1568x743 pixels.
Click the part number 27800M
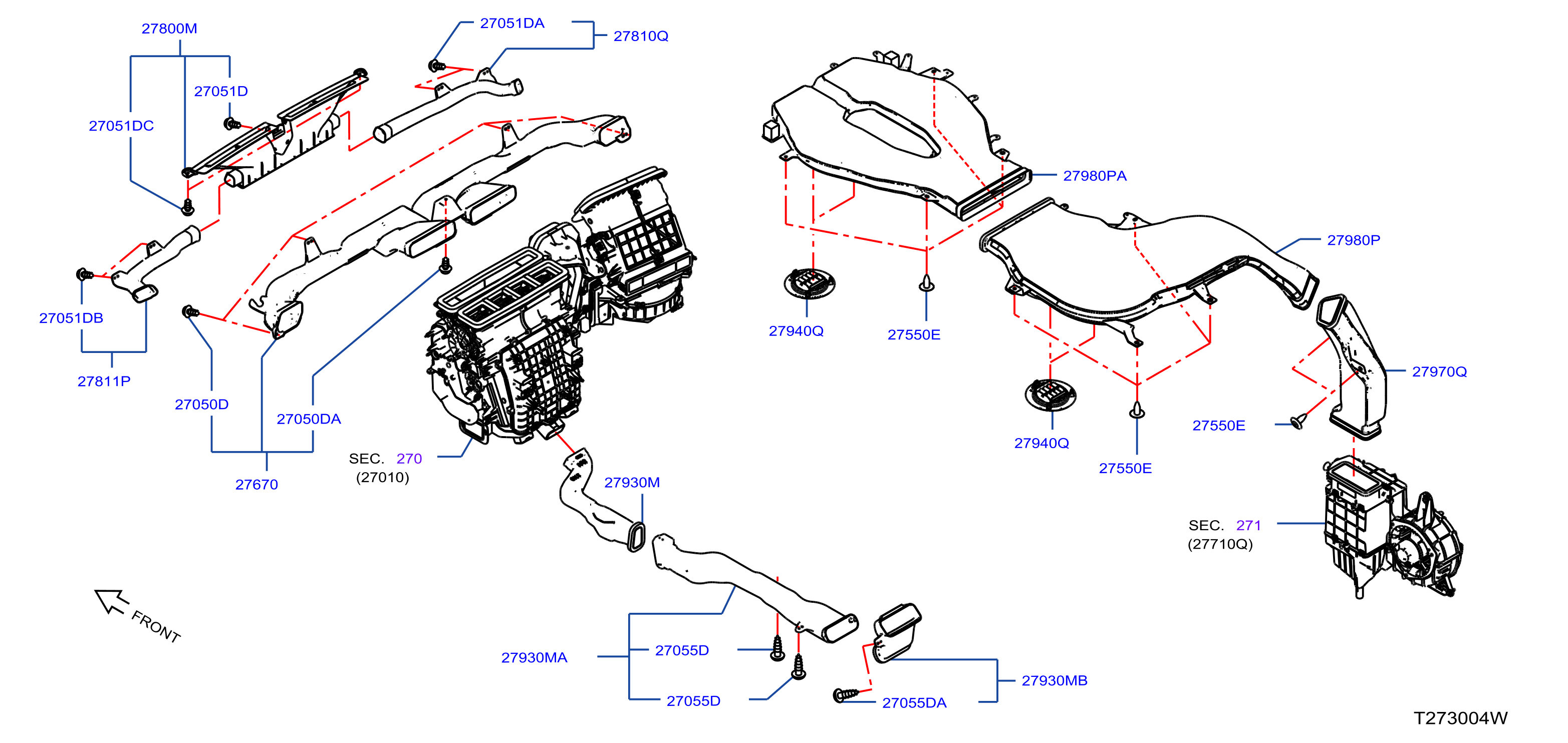[169, 29]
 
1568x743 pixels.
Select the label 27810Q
[641, 36]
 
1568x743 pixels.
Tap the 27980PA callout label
[1095, 176]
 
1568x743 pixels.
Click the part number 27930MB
[1054, 680]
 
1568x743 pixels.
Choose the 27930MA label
[534, 657]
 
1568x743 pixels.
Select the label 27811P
[104, 381]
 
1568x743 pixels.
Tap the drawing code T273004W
[1460, 718]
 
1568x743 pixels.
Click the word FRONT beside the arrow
[156, 627]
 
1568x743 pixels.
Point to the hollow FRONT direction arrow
[111, 601]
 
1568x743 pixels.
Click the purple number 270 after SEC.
[409, 458]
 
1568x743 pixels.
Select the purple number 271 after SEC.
[1248, 525]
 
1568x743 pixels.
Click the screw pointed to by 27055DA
[845, 694]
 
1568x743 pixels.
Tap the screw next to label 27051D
[231, 124]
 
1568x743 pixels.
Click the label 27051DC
[121, 126]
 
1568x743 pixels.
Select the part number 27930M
[632, 483]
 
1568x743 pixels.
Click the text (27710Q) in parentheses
[1220, 544]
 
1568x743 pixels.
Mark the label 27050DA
[309, 419]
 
